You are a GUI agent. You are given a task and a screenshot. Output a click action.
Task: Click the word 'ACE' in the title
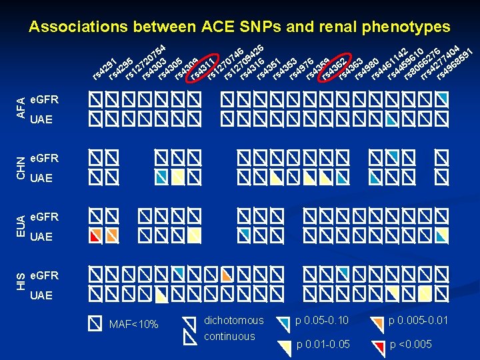220,27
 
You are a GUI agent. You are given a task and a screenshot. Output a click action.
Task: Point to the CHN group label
21,167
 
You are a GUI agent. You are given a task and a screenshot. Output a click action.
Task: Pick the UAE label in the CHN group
41,179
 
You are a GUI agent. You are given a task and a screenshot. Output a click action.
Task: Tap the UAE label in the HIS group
41,295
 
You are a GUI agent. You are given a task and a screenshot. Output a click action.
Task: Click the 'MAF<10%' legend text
133,325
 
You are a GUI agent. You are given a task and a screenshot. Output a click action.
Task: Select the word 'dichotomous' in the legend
233,321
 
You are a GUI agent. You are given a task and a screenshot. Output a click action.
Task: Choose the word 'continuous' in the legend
229,337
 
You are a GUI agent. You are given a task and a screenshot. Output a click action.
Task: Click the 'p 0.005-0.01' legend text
418,321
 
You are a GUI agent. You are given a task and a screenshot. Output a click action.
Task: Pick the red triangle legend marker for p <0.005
379,345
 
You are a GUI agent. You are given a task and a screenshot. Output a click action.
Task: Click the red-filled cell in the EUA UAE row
96,235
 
